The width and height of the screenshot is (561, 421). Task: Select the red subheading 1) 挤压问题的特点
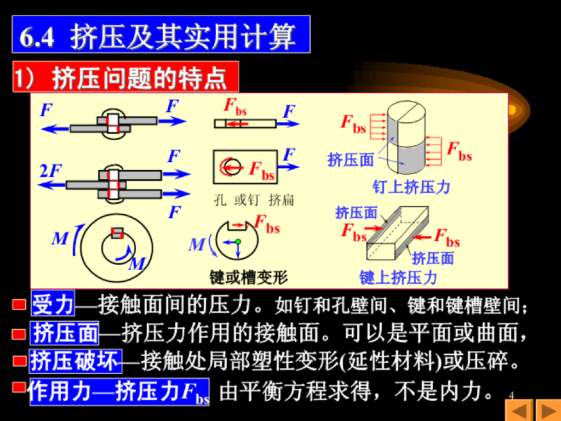click(x=125, y=77)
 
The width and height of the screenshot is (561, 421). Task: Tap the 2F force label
click(x=51, y=172)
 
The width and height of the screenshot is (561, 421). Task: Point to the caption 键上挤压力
click(x=398, y=277)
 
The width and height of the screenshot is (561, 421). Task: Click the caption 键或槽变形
click(x=248, y=277)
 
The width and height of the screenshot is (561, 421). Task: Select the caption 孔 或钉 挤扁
click(x=254, y=200)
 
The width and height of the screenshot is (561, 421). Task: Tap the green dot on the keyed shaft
click(x=238, y=241)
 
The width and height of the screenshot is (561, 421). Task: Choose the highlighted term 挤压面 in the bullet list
click(x=66, y=333)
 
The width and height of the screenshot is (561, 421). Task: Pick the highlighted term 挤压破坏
click(x=75, y=361)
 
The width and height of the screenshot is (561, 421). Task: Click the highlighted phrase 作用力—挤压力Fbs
click(x=119, y=391)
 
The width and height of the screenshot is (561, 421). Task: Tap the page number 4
click(x=512, y=396)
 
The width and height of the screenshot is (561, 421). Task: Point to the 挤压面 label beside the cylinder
click(x=351, y=160)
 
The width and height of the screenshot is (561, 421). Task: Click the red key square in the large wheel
click(x=117, y=232)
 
